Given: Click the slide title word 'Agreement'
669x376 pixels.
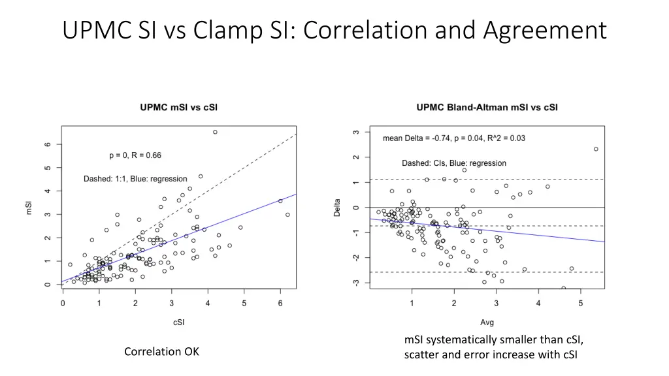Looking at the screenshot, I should click(x=546, y=31).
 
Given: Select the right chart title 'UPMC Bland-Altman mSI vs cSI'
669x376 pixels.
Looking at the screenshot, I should click(x=487, y=107).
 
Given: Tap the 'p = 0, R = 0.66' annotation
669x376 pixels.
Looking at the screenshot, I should click(x=135, y=155).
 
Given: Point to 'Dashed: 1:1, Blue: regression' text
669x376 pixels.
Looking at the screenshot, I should click(x=135, y=179).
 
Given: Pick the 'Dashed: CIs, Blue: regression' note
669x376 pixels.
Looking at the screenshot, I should click(x=453, y=163).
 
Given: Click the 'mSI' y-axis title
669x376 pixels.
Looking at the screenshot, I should click(x=29, y=208).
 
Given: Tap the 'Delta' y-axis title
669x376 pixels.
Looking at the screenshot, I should click(x=338, y=208).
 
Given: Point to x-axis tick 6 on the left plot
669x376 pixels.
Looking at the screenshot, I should click(x=280, y=303).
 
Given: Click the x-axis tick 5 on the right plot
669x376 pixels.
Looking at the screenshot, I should click(x=580, y=303).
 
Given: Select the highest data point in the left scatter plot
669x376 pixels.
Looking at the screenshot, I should click(x=215, y=132).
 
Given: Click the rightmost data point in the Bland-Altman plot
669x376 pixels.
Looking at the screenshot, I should click(x=596, y=149).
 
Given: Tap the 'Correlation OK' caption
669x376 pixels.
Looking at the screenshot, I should click(x=161, y=352).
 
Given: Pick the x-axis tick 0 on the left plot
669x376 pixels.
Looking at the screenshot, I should click(x=63, y=303).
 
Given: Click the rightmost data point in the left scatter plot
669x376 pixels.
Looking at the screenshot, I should click(x=287, y=215).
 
